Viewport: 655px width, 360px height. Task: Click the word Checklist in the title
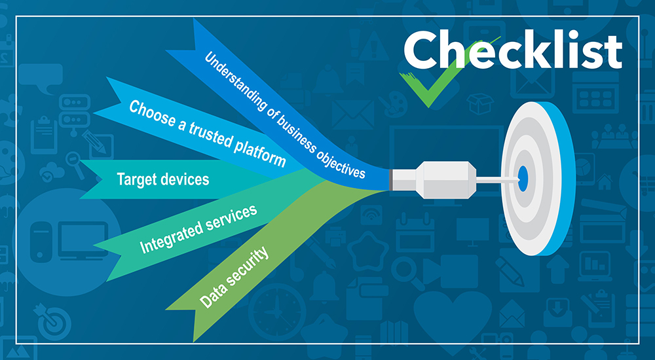[512, 50]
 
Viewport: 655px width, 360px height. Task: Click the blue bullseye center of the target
[523, 177]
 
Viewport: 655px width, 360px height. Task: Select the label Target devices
[162, 179]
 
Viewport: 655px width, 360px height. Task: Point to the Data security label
[234, 277]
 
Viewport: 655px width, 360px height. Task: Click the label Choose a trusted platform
[207, 133]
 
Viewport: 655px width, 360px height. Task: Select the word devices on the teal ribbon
[187, 179]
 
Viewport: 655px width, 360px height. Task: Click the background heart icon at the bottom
[452, 314]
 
